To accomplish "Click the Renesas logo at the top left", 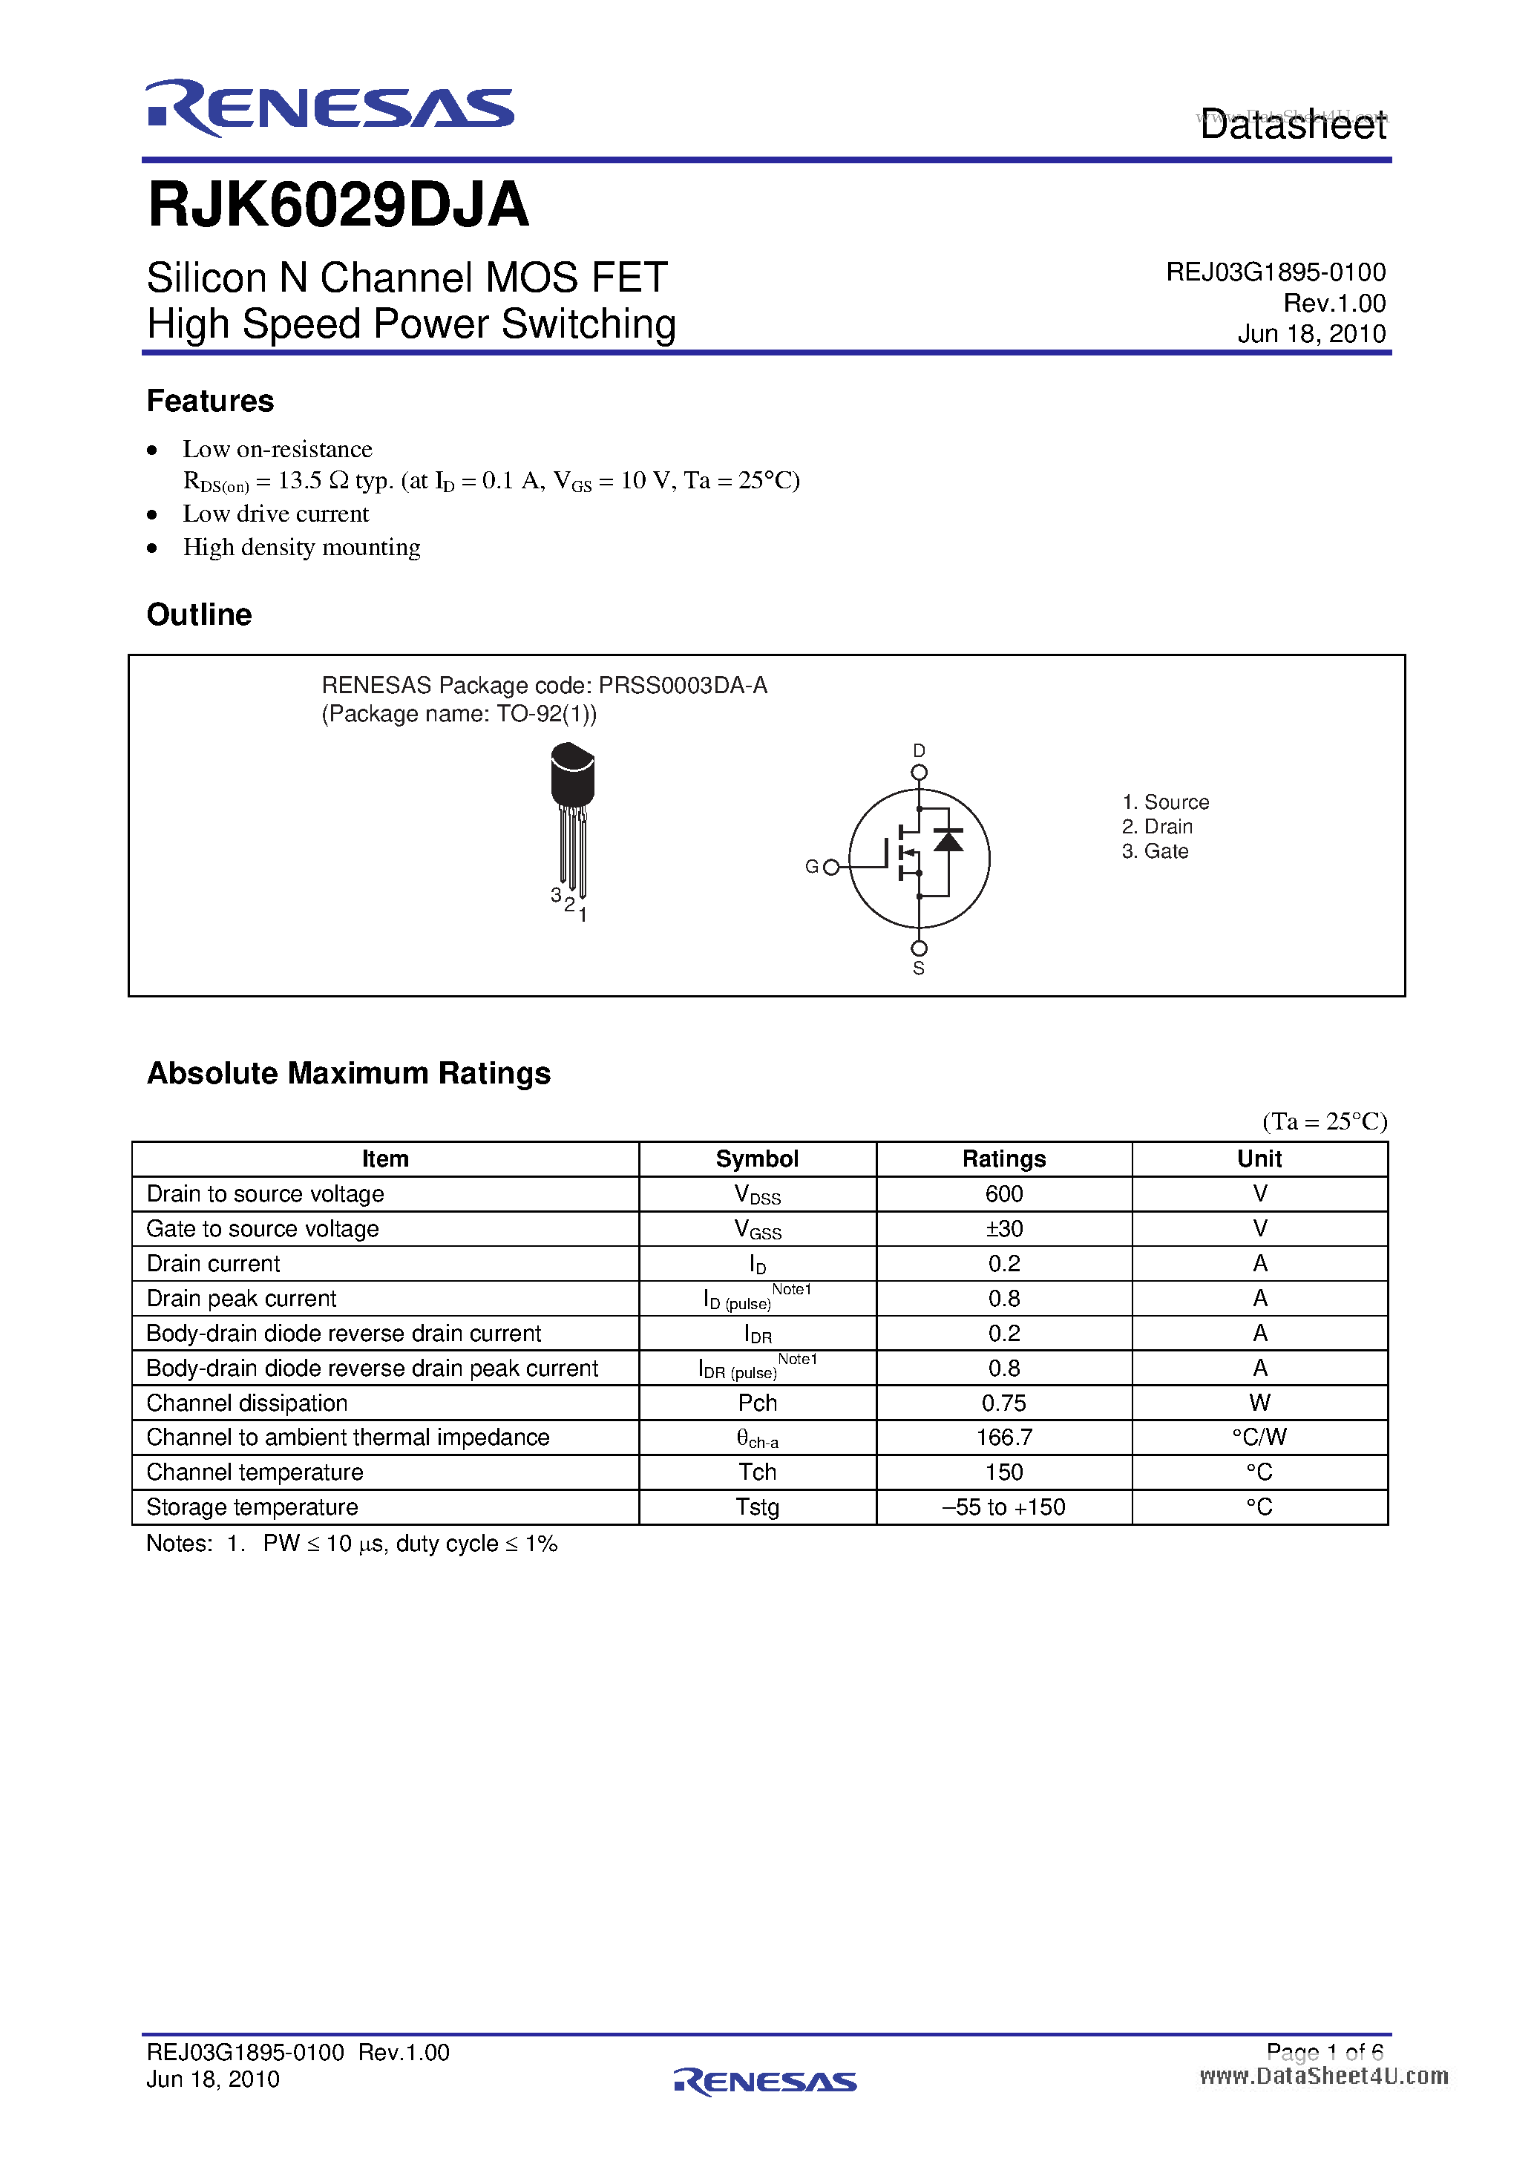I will (x=329, y=108).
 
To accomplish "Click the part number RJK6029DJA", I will (x=338, y=204).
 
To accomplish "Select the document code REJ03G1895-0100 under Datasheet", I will (x=1275, y=272).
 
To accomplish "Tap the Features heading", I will (x=210, y=401).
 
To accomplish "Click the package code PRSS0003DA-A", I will (x=683, y=685).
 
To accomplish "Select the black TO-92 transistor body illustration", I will (x=572, y=775).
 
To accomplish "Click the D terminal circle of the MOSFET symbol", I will (x=919, y=772).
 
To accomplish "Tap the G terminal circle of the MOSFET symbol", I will (x=830, y=867).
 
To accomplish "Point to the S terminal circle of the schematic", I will (x=919, y=948).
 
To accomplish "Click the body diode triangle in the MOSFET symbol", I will (x=948, y=839).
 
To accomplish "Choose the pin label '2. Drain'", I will (x=1157, y=827).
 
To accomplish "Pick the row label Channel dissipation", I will (x=246, y=1403).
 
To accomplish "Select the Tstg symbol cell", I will (x=757, y=1507).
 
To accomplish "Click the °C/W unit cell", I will (x=1258, y=1438).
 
